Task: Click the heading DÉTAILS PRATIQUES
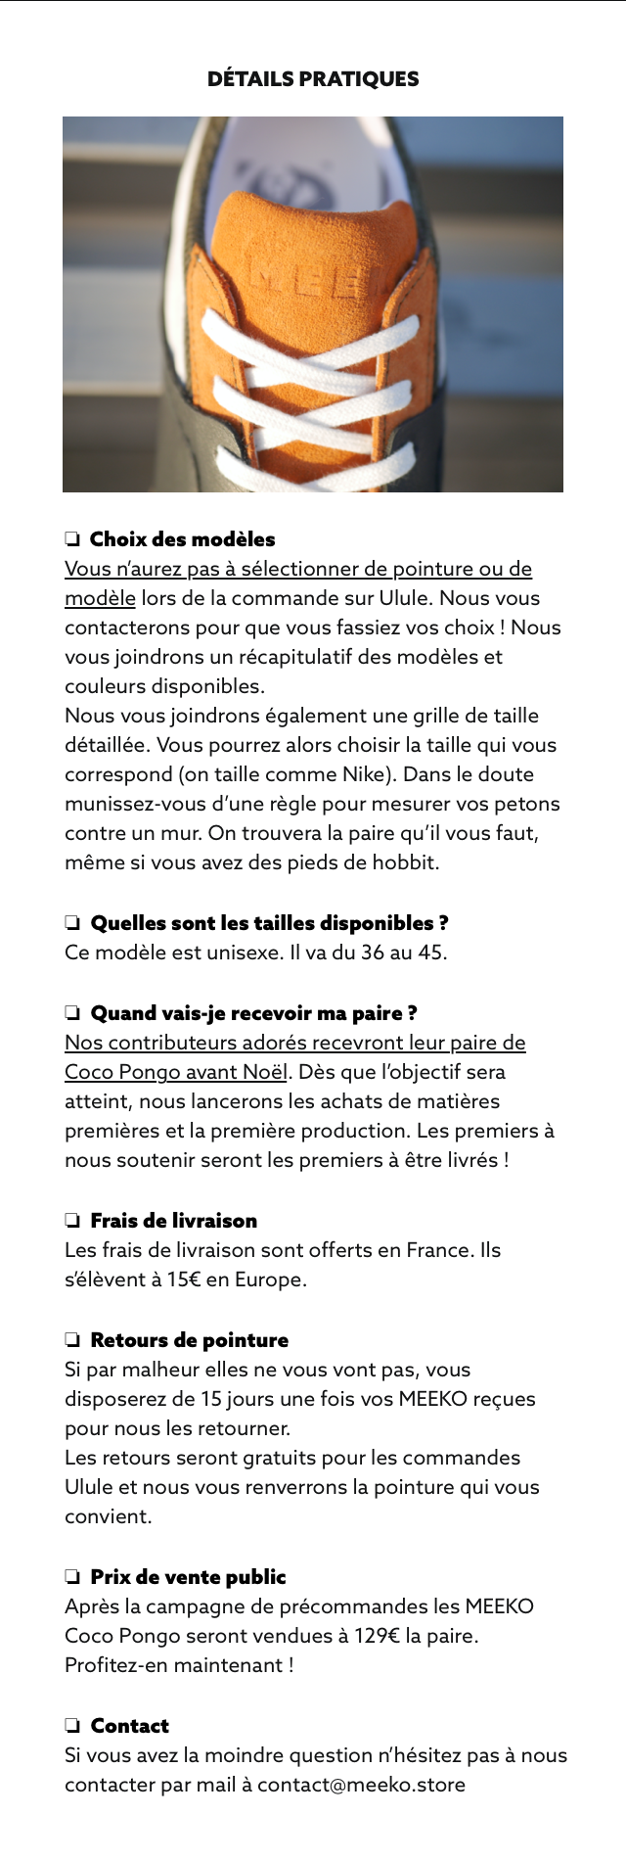313,79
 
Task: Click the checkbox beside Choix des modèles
72,538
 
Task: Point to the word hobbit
408,862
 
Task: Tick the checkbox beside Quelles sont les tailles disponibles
72,922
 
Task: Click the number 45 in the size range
429,953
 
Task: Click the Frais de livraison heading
173,1220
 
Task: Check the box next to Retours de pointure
72,1339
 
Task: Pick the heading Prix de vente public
188,1576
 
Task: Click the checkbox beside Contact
72,1725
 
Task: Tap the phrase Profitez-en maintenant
179,1665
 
